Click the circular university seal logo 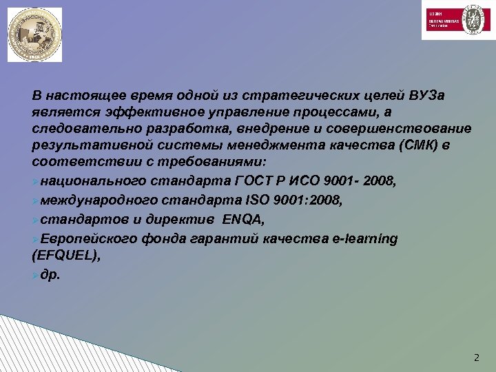(x=34, y=34)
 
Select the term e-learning (x=363, y=239)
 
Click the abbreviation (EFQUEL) (x=65, y=254)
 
